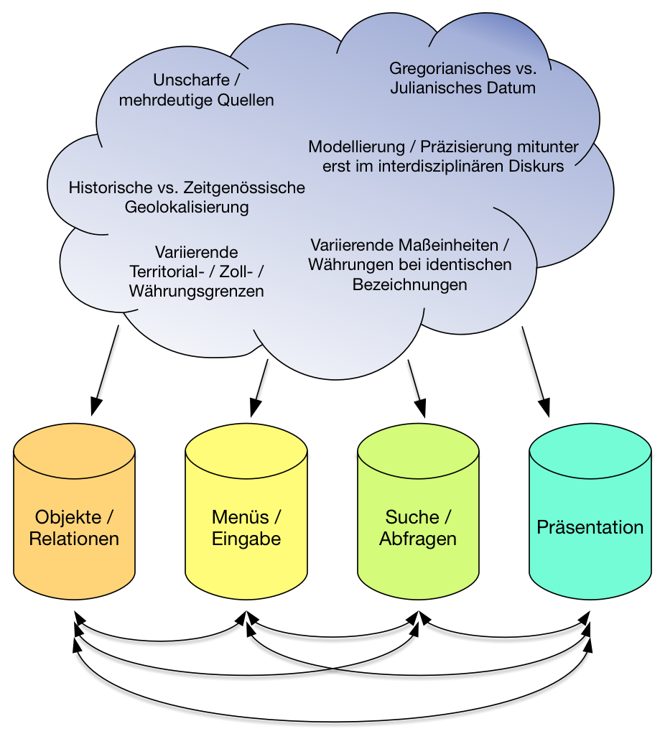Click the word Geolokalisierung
click(x=187, y=208)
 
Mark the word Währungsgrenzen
click(x=196, y=292)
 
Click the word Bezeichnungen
click(x=409, y=284)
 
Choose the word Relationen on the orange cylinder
click(x=75, y=539)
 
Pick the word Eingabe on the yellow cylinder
click(x=246, y=539)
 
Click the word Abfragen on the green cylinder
click(x=418, y=539)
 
